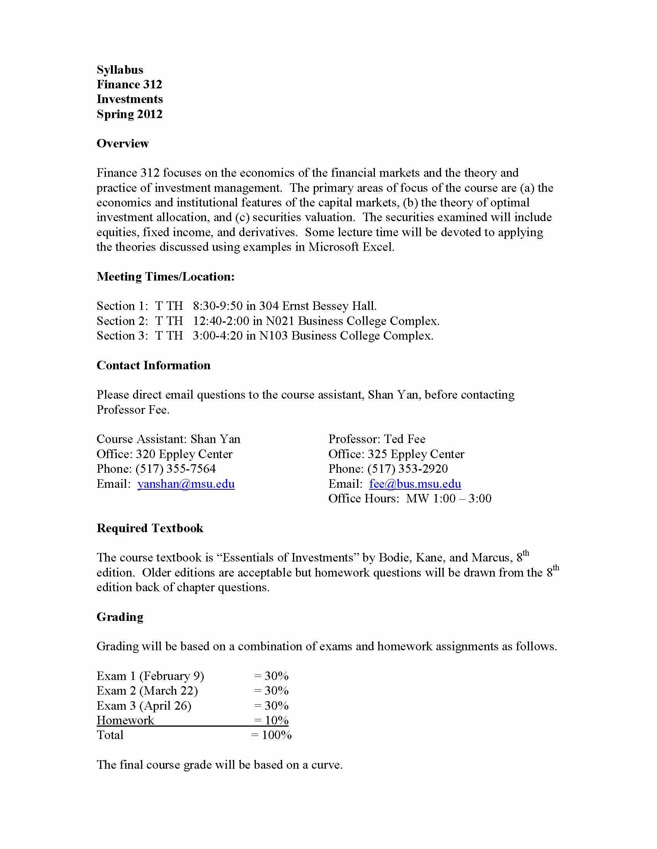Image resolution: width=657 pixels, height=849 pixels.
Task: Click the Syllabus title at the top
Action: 120,70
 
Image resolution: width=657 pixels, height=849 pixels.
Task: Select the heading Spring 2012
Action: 129,114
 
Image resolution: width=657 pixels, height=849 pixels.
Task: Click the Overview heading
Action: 123,144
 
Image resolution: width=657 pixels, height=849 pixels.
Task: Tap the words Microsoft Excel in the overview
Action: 351,247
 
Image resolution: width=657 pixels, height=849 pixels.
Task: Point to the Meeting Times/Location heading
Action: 166,277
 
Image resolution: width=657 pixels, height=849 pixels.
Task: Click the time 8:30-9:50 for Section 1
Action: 218,306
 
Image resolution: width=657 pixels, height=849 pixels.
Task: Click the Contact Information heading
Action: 153,365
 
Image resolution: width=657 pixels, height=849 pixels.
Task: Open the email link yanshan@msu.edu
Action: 186,484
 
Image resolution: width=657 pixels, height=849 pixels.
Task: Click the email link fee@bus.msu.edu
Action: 415,484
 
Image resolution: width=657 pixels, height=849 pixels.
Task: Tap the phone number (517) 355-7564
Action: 175,469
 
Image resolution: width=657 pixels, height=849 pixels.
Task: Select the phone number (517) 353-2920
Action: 407,469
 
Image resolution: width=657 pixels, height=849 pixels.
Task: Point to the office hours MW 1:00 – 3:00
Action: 449,499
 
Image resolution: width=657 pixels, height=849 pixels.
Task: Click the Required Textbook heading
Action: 150,528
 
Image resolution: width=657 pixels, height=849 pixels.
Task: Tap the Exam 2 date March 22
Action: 169,691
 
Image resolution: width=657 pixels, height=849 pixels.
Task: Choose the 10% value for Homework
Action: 277,720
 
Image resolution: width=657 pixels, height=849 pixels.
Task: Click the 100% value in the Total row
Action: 277,735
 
